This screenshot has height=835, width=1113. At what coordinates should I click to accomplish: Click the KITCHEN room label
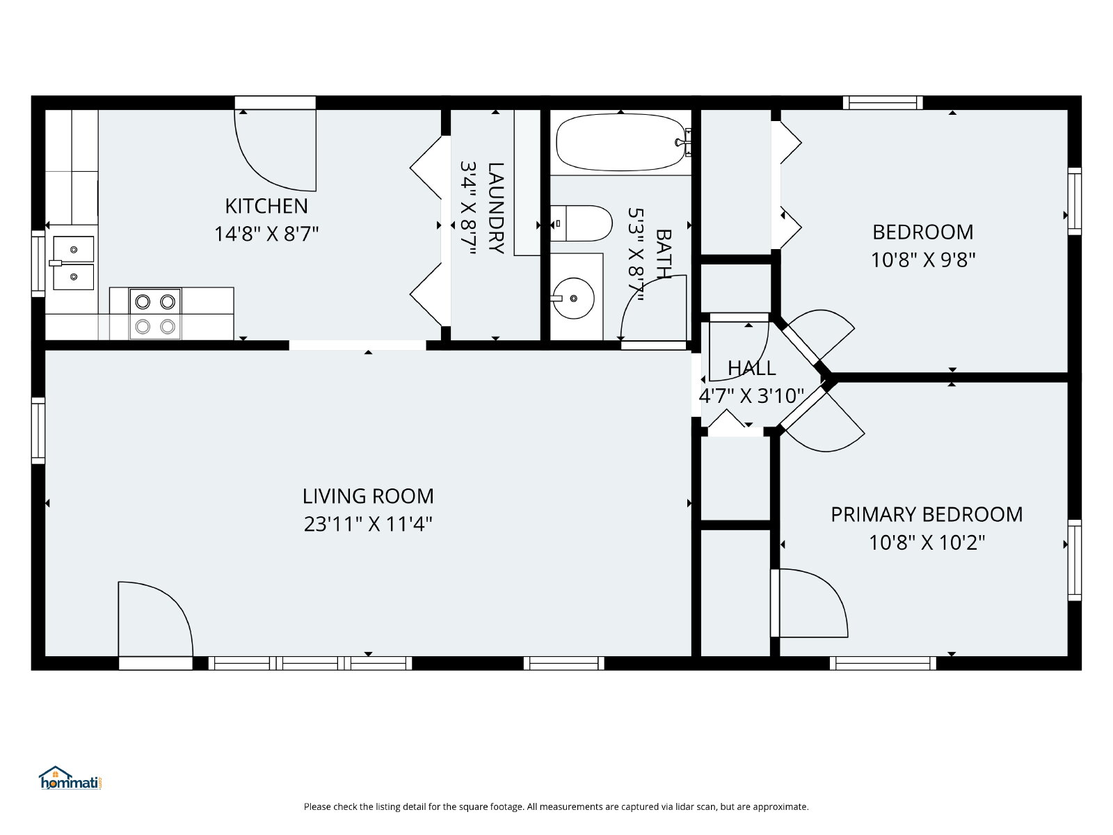tap(266, 207)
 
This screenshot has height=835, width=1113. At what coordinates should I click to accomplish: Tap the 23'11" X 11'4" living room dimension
tap(368, 524)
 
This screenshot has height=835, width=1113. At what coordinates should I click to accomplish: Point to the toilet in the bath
tap(581, 223)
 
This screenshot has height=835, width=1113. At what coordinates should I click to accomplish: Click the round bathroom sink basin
tap(573, 298)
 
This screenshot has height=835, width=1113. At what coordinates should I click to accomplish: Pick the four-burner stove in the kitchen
tap(155, 315)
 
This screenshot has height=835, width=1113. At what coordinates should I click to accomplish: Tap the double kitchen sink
tap(74, 263)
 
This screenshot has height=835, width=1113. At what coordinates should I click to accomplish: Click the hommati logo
tap(70, 778)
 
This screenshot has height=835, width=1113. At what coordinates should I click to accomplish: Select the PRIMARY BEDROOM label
tap(927, 515)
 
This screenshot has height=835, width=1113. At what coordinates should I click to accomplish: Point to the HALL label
tap(751, 369)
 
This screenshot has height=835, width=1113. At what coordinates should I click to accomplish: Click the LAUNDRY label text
tap(496, 208)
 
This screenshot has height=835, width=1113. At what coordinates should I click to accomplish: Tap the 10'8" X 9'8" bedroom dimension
tap(923, 260)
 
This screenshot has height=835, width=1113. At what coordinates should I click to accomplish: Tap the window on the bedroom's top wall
tap(883, 102)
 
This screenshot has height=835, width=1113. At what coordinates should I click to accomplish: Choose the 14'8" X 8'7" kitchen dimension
tap(266, 234)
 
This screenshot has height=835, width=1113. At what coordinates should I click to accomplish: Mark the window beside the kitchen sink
tap(38, 264)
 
